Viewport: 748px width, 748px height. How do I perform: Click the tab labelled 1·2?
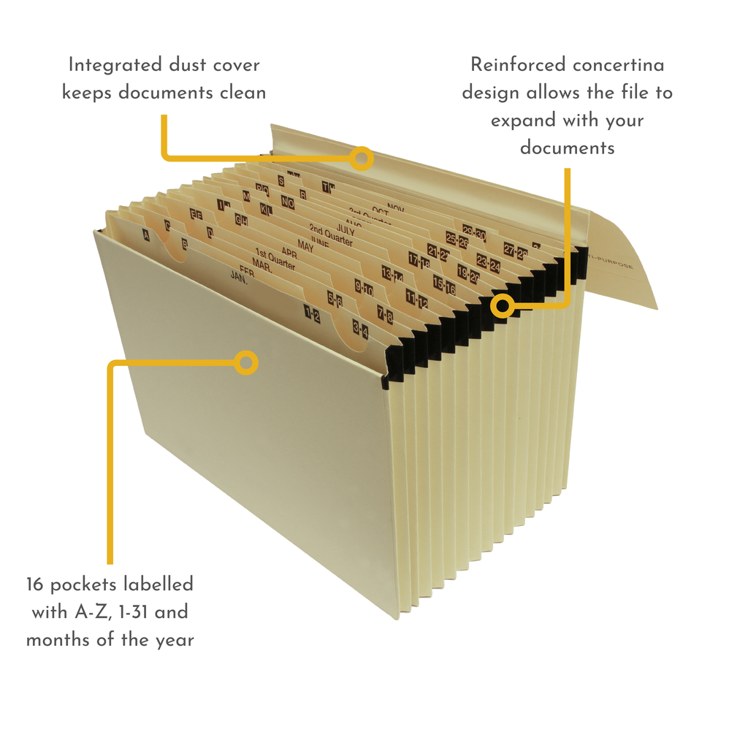312,315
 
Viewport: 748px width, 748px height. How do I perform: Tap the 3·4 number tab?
360,331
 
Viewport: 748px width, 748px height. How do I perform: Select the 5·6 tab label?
335,299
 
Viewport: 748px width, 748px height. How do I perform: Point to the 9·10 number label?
364,288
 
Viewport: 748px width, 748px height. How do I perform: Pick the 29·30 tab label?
474,234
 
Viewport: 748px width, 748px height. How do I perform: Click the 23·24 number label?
488,262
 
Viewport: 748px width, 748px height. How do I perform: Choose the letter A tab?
145,235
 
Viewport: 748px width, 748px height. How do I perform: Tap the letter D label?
210,233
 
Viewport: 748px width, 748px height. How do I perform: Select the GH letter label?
241,218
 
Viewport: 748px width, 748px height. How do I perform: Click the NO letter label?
287,202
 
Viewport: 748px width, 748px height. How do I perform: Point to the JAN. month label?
239,276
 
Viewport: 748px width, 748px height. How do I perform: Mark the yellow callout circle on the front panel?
246,362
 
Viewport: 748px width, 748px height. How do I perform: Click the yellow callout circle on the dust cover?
361,158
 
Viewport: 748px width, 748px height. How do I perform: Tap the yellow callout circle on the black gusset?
501,305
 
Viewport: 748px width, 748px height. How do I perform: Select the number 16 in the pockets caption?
37,584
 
